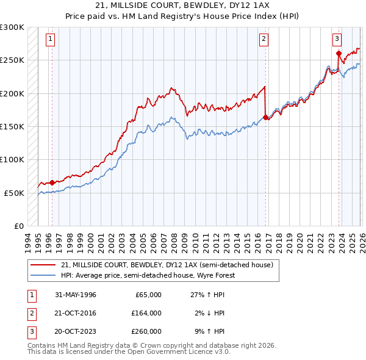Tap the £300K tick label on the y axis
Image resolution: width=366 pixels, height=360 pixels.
[x=12, y=27]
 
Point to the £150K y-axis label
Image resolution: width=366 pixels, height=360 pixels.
[x=12, y=126]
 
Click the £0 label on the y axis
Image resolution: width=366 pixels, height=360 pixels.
[x=18, y=226]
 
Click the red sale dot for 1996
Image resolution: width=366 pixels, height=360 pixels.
[x=52, y=182]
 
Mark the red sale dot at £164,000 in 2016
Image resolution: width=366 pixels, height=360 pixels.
[x=265, y=117]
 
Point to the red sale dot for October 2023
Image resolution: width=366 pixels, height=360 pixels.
[x=339, y=54]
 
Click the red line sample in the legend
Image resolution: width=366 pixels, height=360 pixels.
[x=43, y=265]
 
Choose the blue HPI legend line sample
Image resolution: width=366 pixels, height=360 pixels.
[x=43, y=275]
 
